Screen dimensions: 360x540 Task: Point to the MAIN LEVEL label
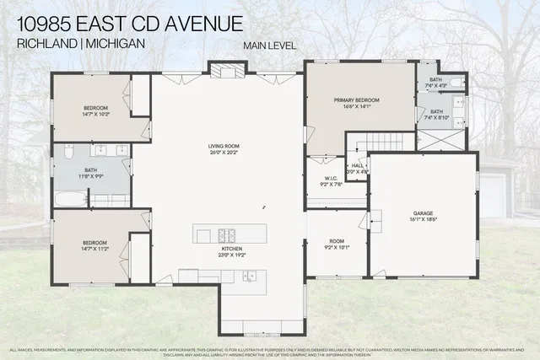pyautogui.click(x=269, y=45)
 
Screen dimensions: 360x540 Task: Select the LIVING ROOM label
pyautogui.click(x=224, y=149)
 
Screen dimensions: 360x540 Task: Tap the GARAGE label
pyautogui.click(x=424, y=214)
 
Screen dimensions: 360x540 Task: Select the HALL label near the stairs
pyautogui.click(x=357, y=165)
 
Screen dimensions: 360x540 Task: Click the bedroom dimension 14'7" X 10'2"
pyautogui.click(x=94, y=115)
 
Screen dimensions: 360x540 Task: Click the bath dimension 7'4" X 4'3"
pyautogui.click(x=435, y=86)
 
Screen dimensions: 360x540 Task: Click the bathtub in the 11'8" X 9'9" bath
pyautogui.click(x=70, y=200)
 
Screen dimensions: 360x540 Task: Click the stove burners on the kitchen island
pyautogui.click(x=228, y=234)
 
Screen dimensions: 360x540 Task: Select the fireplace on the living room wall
pyautogui.click(x=227, y=71)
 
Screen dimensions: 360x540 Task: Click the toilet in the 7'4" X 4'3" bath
pyautogui.click(x=456, y=83)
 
